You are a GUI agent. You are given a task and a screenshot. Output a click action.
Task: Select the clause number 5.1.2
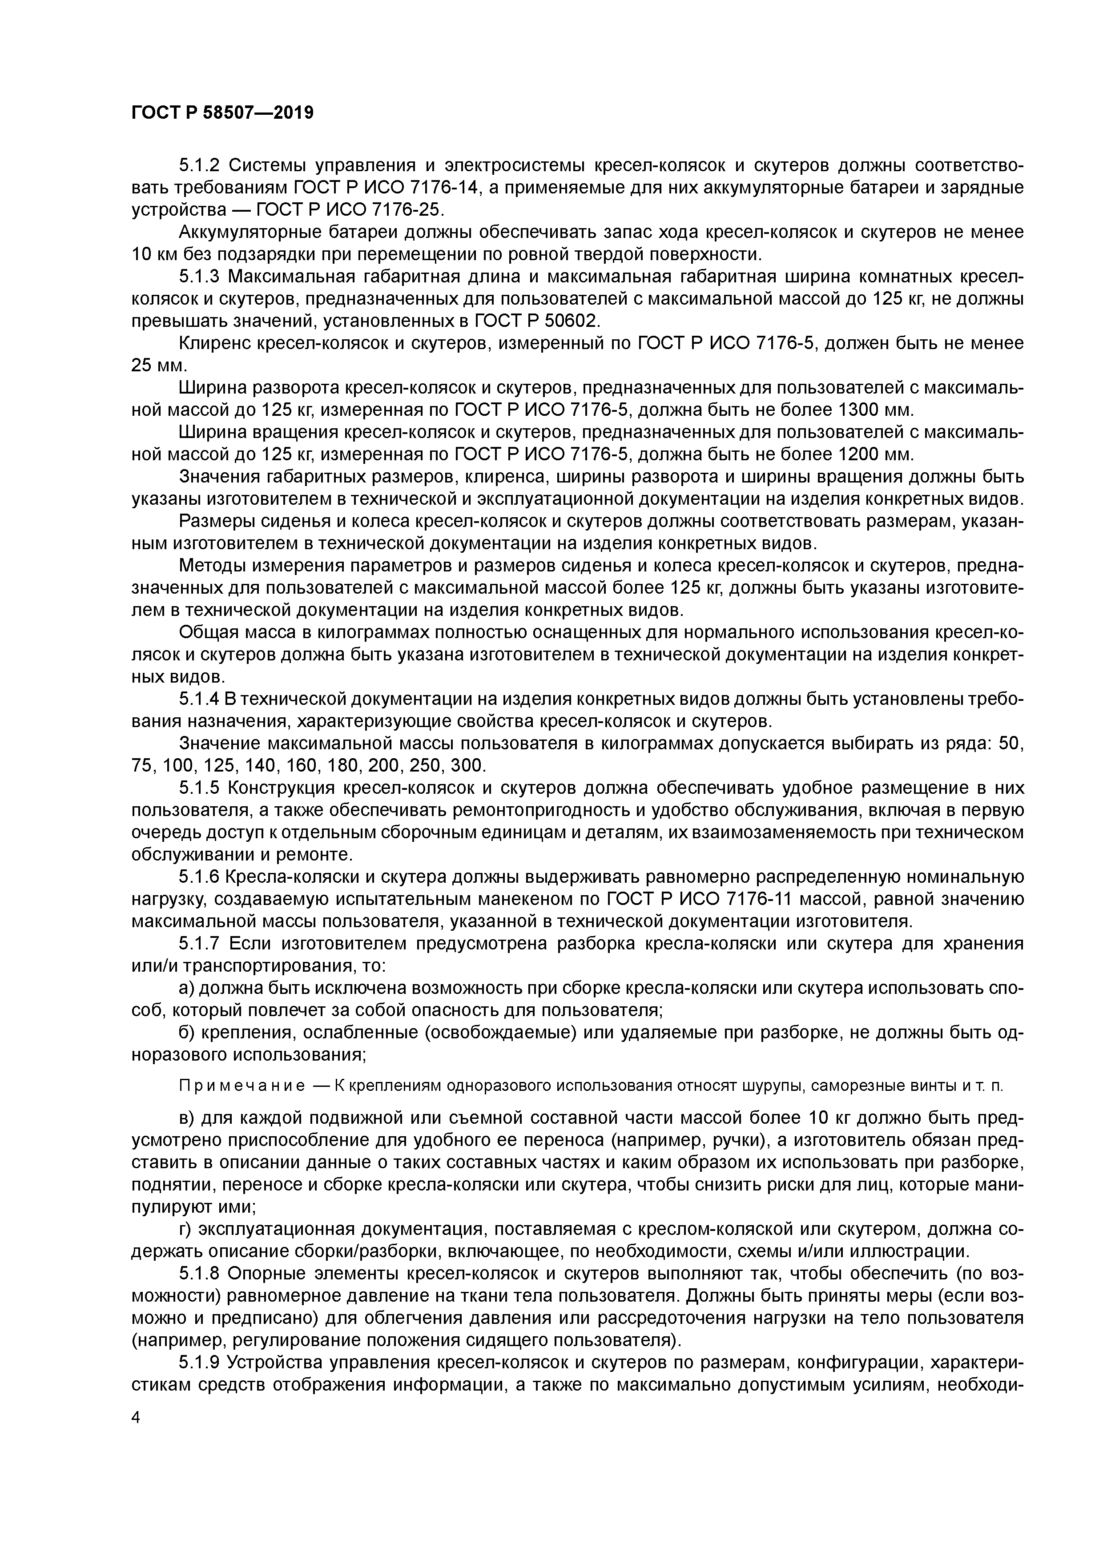200,165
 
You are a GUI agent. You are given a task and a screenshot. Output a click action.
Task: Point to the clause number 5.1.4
200,699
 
